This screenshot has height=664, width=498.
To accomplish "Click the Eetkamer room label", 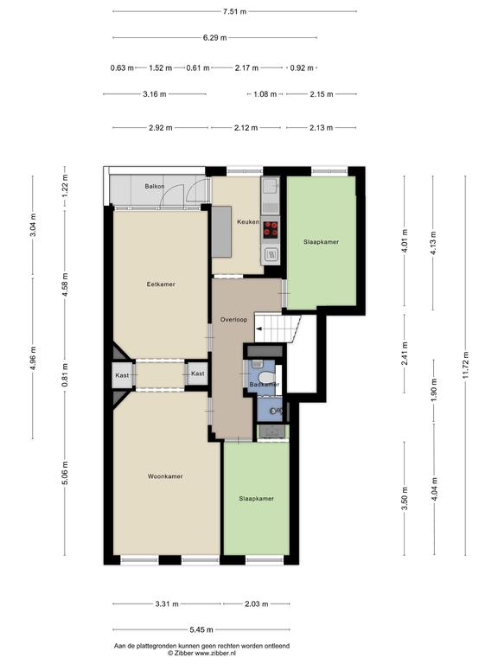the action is click(161, 284).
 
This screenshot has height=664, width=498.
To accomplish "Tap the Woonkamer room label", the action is click(165, 476).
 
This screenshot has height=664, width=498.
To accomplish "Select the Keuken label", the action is click(248, 222).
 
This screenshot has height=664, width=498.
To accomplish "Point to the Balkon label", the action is click(154, 187).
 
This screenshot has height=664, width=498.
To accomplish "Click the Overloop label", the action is click(233, 320).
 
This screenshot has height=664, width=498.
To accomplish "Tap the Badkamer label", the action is click(265, 385).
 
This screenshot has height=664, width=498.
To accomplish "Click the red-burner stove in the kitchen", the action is click(271, 229).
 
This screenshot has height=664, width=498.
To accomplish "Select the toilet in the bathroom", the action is click(266, 376).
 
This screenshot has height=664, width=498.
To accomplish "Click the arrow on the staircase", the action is click(259, 329).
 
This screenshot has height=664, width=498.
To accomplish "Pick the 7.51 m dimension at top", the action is click(234, 11).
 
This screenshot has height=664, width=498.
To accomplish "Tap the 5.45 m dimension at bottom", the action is click(201, 629).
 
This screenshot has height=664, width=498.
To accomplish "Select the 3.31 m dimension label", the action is click(167, 603).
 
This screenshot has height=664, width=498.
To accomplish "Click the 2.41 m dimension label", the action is click(405, 353).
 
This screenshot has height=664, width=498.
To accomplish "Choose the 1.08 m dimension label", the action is click(265, 94).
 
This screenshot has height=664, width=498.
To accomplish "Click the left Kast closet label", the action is click(122, 375).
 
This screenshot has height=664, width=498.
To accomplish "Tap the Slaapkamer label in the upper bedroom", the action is click(322, 242).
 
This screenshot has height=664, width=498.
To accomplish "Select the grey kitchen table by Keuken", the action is click(221, 232).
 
